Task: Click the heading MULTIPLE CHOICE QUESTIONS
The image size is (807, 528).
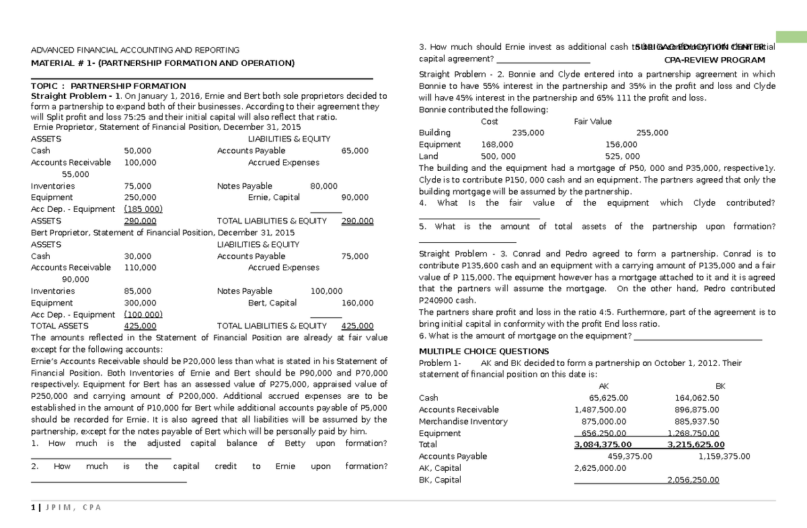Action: (484, 351)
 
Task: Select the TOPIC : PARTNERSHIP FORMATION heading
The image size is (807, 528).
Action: (109, 86)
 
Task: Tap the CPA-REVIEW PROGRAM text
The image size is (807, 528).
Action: (720, 59)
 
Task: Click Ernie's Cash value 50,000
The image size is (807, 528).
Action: (138, 151)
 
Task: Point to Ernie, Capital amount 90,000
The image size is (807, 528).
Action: (354, 198)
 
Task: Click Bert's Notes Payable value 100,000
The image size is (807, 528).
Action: (326, 291)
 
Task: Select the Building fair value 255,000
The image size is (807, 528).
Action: (652, 133)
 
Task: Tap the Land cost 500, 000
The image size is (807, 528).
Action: (498, 156)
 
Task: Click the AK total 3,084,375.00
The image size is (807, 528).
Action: (603, 445)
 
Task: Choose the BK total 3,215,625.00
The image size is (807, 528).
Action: (695, 445)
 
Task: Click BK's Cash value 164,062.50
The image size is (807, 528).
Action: (697, 398)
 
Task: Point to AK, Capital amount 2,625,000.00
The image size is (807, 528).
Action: (601, 468)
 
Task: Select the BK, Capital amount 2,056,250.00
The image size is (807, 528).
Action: (693, 480)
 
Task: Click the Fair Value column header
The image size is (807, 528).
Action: (592, 122)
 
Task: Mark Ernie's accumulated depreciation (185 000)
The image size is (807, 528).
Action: (143, 209)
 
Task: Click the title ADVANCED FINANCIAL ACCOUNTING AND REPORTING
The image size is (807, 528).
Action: (135, 50)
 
